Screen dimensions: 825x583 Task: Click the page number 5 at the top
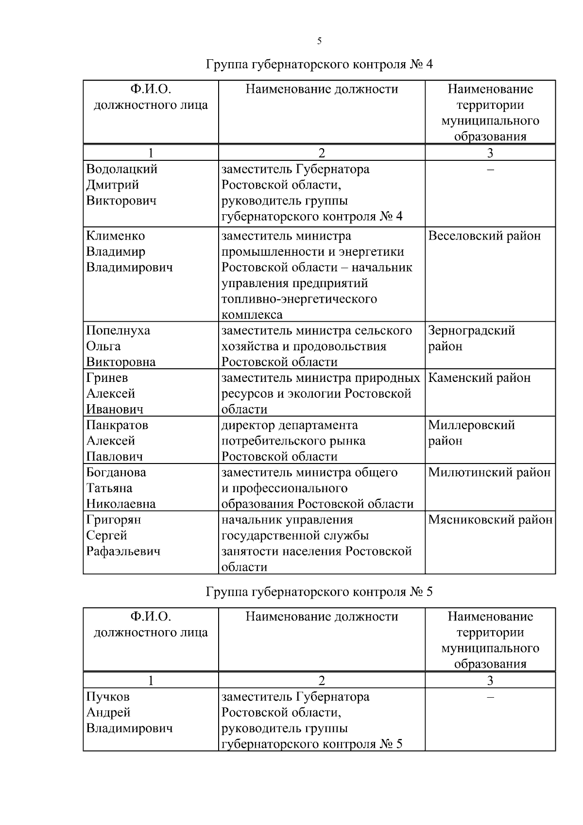click(319, 41)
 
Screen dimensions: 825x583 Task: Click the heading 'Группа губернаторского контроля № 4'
click(319, 65)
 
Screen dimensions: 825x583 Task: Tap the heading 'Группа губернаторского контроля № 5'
click(319, 592)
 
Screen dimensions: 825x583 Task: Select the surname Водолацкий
click(122, 170)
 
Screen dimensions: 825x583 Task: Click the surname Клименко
click(116, 236)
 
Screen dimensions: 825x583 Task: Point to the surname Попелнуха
click(118, 331)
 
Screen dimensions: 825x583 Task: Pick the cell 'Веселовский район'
click(484, 236)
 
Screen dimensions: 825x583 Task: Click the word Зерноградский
click(471, 331)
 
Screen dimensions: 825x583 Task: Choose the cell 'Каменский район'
click(479, 378)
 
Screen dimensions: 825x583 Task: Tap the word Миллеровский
click(471, 425)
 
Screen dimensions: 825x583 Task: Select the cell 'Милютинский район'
click(489, 472)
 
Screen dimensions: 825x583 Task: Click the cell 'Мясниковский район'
click(490, 520)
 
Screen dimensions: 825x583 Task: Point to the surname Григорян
click(114, 520)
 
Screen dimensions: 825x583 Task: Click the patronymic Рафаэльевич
click(123, 551)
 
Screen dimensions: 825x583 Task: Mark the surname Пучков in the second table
click(108, 697)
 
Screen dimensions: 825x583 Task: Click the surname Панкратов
click(117, 425)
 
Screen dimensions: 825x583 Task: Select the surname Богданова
click(116, 472)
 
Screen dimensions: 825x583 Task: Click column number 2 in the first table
click(321, 153)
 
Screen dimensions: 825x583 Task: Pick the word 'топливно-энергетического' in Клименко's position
click(299, 299)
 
